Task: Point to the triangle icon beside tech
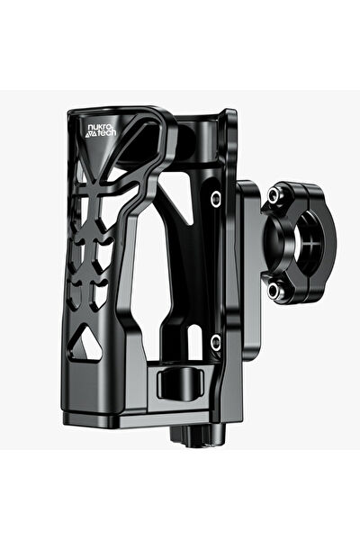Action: [x=89, y=136]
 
